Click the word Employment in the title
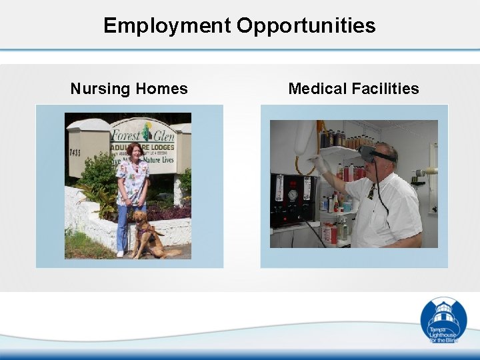click(167, 26)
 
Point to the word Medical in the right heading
click(317, 89)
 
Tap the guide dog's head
click(141, 217)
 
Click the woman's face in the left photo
click(135, 152)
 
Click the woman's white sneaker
click(120, 253)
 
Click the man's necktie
click(371, 192)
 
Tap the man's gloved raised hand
click(319, 164)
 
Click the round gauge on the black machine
click(292, 195)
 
